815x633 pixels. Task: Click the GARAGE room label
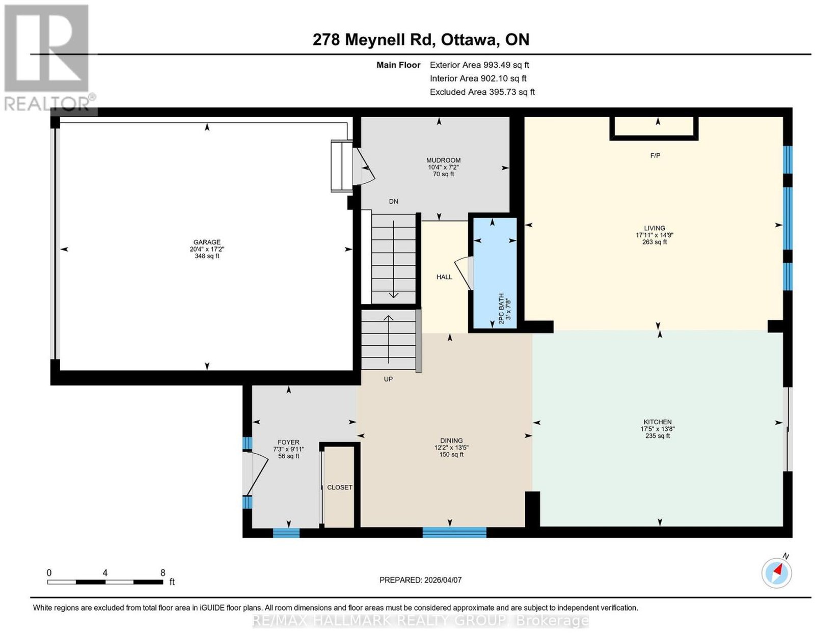207,242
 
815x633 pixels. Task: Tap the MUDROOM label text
443,160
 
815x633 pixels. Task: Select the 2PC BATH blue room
495,273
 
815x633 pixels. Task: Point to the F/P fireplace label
655,155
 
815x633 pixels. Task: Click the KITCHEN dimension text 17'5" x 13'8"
658,429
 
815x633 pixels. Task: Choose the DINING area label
451,441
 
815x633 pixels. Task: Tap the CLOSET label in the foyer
339,487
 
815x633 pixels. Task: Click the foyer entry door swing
256,473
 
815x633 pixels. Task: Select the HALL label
444,277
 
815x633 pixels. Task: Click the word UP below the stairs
388,379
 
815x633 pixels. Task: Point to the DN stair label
393,201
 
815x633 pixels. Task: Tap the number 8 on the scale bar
162,573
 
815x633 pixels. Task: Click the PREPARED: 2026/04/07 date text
420,580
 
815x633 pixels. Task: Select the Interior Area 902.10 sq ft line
478,78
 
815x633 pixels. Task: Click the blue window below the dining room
454,532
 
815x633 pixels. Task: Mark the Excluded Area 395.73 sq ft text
482,92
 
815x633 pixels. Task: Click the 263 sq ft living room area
655,242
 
